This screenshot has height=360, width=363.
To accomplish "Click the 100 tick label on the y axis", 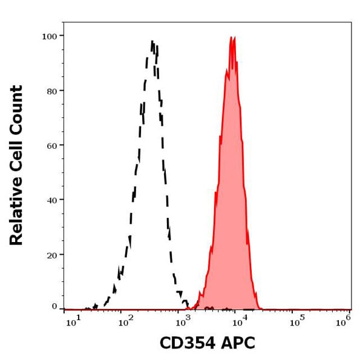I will click(49, 36).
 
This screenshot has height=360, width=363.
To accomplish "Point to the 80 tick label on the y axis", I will click(51, 91).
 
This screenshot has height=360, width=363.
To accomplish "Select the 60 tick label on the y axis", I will click(51, 145).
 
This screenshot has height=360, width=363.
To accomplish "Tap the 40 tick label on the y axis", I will click(51, 200).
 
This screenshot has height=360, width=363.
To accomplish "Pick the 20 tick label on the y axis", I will click(51, 255).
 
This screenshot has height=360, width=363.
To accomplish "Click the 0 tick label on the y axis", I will click(54, 307).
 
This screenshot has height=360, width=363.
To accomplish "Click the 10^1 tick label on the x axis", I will click(73, 323).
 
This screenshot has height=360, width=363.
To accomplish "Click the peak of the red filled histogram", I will click(232, 38).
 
